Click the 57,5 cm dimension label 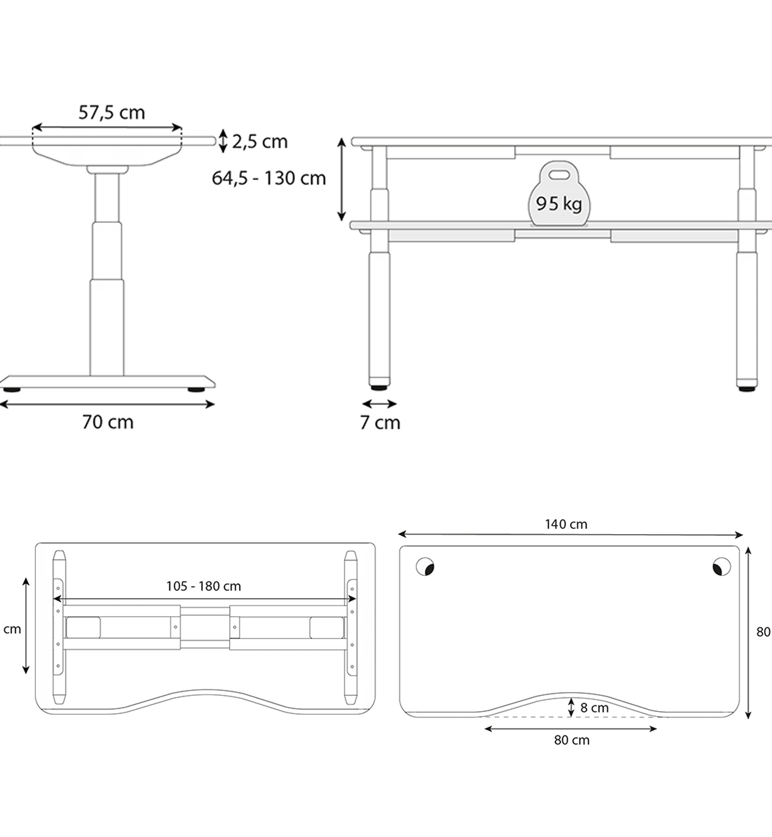112,113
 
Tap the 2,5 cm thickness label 260,142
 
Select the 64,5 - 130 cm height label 269,178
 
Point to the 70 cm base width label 108,422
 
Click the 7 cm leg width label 380,422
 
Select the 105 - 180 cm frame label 203,586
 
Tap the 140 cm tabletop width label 566,524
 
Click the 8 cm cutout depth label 594,708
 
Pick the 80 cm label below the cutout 572,740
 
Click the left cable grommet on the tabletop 425,567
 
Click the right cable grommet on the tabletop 722,567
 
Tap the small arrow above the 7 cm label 379,404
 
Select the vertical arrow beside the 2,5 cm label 223,141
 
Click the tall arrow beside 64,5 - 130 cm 341,179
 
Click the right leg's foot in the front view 747,388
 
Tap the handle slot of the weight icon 559,175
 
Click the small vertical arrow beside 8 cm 571,707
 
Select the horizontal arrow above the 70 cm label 107,404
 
